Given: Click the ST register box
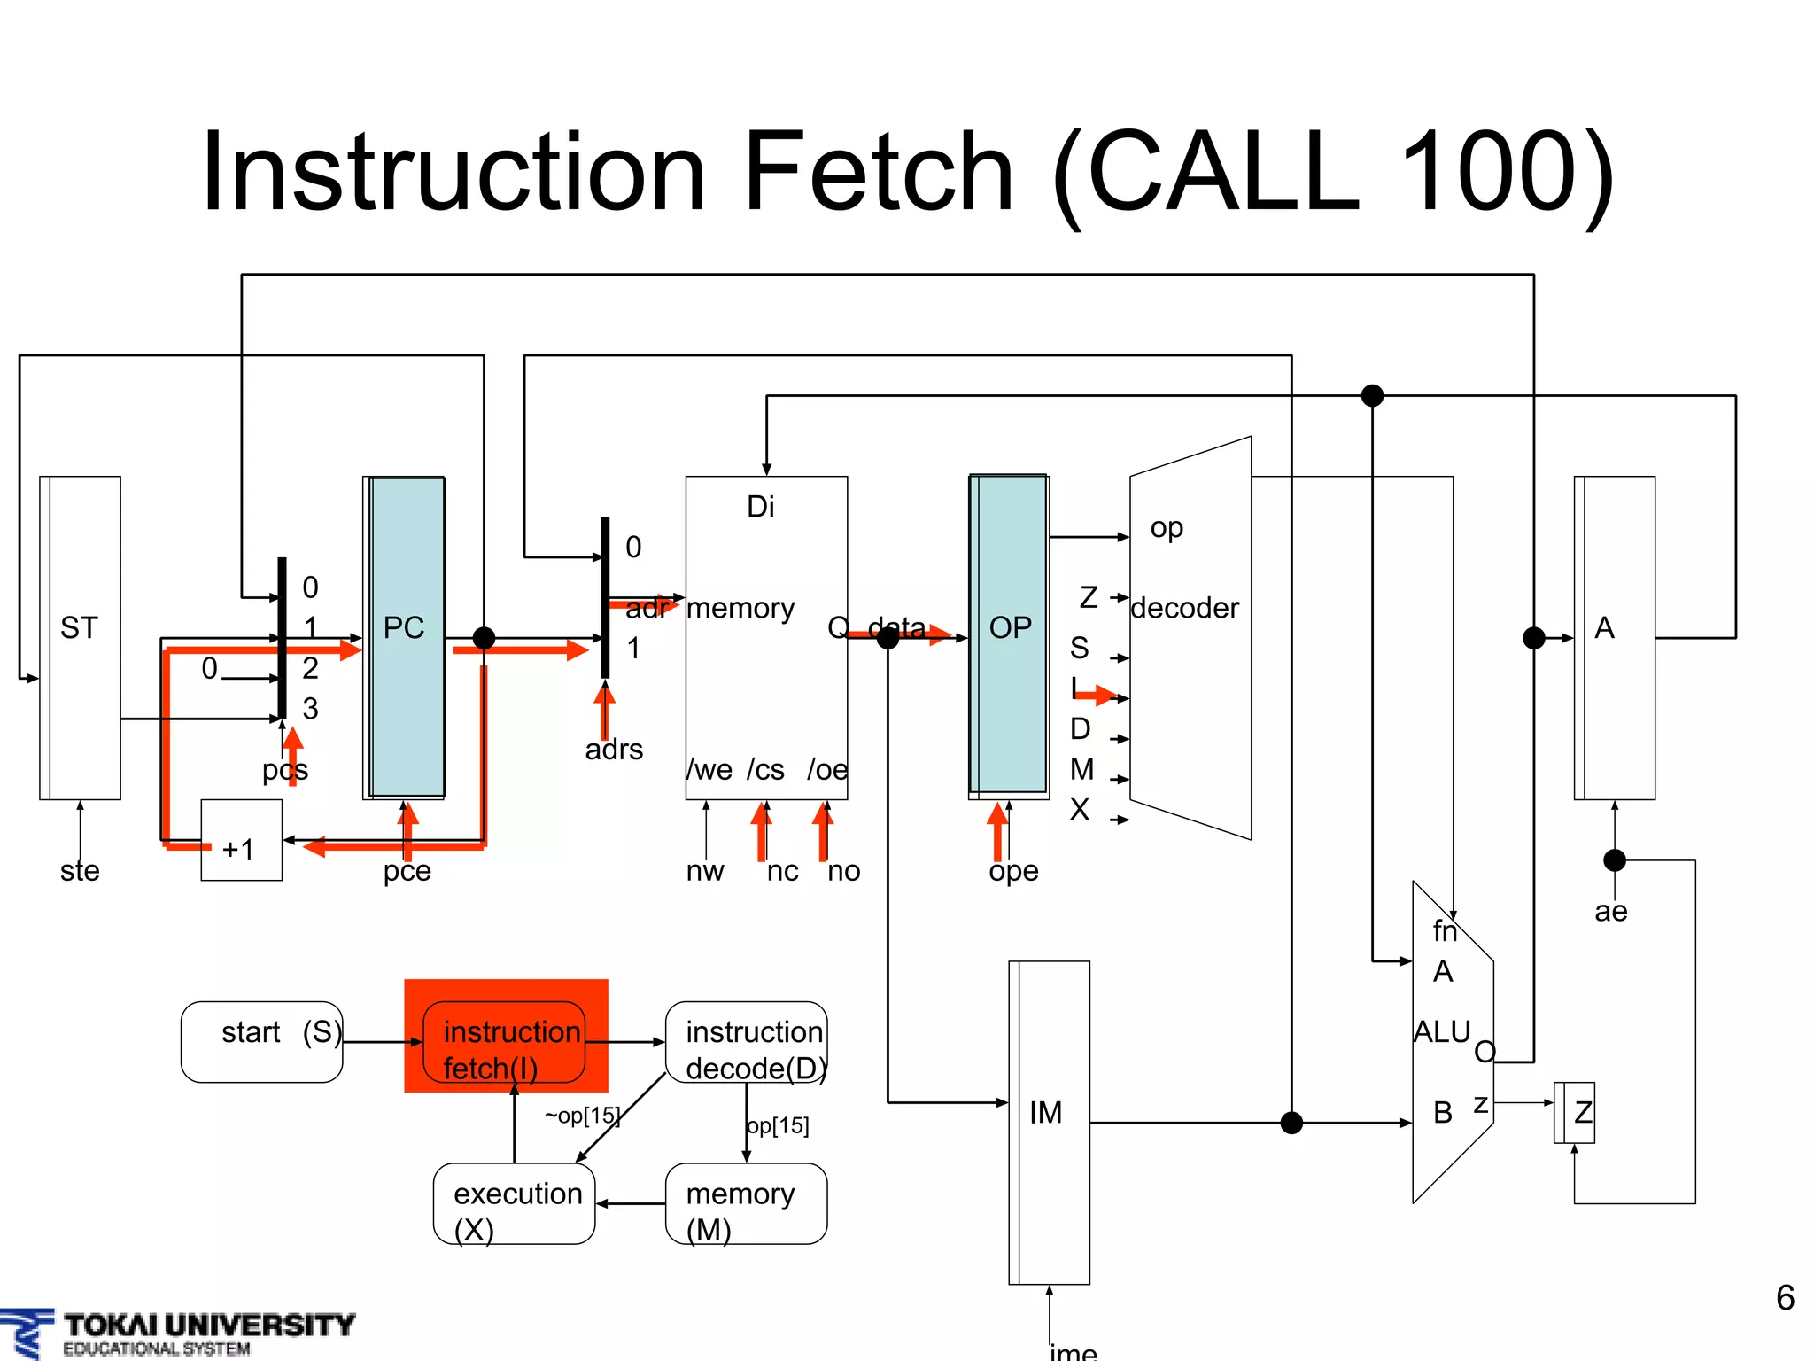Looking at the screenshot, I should [81, 637].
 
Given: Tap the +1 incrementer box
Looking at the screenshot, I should [241, 840].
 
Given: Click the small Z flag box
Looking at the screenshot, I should [1576, 1112].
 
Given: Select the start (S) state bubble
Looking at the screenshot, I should [262, 1041].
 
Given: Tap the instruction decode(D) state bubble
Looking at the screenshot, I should [747, 1042].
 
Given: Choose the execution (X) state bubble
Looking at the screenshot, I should [515, 1203].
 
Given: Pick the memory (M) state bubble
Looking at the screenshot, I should [747, 1203].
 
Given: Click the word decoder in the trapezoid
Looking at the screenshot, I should [1184, 608].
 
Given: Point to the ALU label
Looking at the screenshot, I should [1441, 1031].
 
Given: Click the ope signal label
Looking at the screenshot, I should [1013, 871].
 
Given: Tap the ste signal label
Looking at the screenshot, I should [80, 871].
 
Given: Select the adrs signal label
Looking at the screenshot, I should [614, 750].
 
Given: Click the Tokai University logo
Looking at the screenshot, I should [177, 1333].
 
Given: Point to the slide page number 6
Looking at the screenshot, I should [1785, 1298].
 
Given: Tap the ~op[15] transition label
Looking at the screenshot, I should [582, 1116].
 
